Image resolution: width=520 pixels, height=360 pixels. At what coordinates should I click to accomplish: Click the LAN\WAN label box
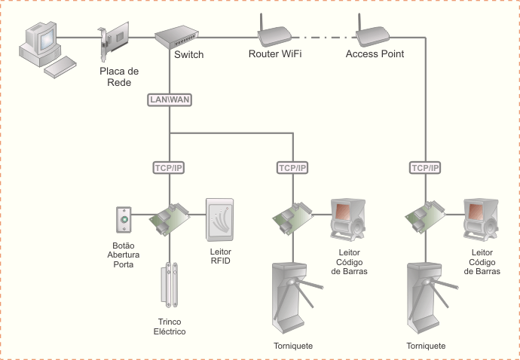pyautogui.click(x=170, y=99)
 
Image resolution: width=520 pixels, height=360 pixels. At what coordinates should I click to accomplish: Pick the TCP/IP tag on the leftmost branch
pyautogui.click(x=170, y=167)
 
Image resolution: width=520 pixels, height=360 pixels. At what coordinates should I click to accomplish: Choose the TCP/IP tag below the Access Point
pyautogui.click(x=426, y=167)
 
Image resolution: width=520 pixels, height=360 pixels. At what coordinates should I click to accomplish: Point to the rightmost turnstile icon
pyautogui.click(x=426, y=298)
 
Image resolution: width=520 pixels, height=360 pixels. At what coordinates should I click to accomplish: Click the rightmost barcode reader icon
pyautogui.click(x=481, y=220)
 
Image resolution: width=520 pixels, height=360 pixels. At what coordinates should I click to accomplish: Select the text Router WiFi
pyautogui.click(x=275, y=54)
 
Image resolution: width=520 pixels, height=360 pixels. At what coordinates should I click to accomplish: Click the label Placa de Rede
pyautogui.click(x=119, y=76)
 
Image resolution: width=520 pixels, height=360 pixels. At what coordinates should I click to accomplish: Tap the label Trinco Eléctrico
pyautogui.click(x=170, y=327)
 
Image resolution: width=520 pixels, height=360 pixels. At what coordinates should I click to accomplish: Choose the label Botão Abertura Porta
pyautogui.click(x=123, y=255)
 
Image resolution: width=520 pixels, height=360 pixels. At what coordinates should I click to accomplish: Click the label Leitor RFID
pyautogui.click(x=220, y=256)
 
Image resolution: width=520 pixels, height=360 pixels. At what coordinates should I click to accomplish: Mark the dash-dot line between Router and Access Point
pyautogui.click(x=324, y=36)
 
